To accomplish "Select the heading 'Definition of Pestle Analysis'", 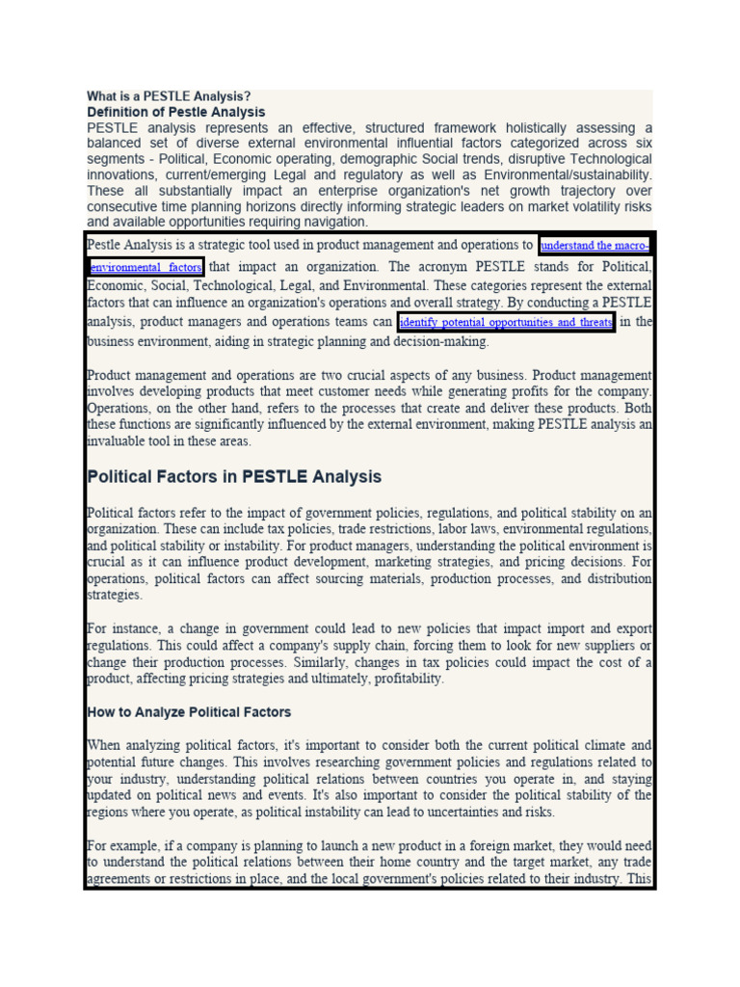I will pos(175,112).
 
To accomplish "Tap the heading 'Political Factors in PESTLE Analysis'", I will pos(234,477).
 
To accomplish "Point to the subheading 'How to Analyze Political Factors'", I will pos(189,712).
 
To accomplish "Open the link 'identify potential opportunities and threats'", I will pos(506,323).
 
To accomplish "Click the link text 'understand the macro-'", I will pos(595,246).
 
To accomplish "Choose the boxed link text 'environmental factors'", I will pos(145,267).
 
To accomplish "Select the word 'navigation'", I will pos(332,222).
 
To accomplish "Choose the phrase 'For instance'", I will pos(113,628).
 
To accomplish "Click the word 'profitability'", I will pos(403,679).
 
